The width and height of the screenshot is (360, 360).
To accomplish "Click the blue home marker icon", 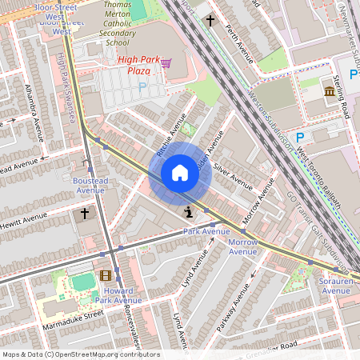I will [179, 173].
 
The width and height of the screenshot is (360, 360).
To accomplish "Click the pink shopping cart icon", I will [166, 62].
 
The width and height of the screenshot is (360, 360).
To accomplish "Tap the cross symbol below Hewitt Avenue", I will [85, 214].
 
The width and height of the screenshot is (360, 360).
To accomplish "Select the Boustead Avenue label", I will [89, 186].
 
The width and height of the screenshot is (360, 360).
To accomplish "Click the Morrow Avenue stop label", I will [243, 246].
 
